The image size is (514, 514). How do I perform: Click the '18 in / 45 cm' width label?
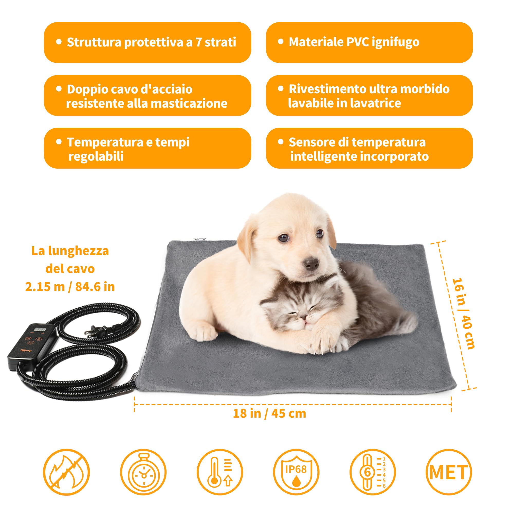click(x=269, y=414)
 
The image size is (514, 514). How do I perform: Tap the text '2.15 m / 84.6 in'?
click(x=70, y=287)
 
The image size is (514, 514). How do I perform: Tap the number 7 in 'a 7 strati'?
click(x=198, y=42)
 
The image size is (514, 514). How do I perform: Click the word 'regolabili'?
click(x=96, y=156)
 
